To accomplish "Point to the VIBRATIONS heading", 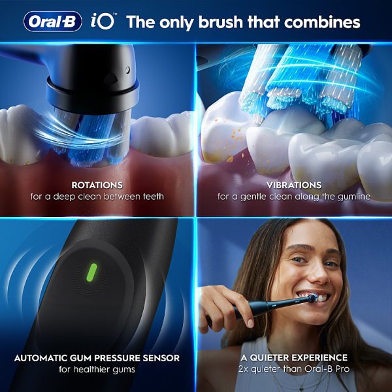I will click(x=294, y=185).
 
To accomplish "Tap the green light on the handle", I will click(x=92, y=270).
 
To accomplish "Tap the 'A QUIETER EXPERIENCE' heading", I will click(x=294, y=359).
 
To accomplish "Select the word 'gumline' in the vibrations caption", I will click(x=351, y=196).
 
